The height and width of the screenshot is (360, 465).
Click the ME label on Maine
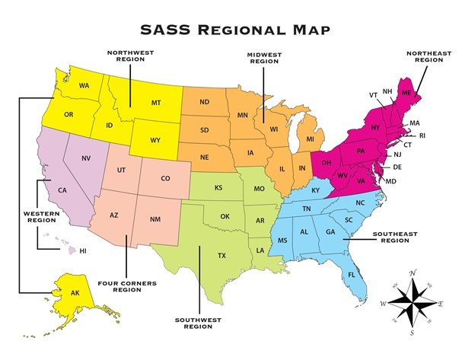406,92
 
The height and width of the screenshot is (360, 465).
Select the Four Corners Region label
127,286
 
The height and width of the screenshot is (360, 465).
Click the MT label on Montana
156,102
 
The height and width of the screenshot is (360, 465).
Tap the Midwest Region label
263,59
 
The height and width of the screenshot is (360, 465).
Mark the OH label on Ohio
326,161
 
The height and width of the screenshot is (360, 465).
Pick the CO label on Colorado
165,180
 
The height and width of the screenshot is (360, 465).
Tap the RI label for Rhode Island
422,135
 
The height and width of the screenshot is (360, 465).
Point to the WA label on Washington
84,86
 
